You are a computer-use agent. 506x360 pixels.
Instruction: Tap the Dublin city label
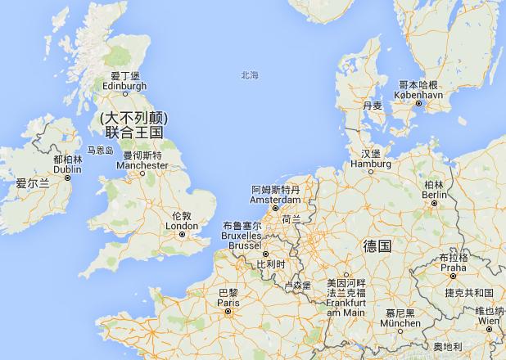[67, 169]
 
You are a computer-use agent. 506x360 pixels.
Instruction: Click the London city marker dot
[182, 234]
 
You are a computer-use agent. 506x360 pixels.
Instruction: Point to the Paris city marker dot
[229, 311]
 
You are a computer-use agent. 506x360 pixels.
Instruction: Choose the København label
[419, 95]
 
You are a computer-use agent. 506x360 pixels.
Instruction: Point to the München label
[400, 324]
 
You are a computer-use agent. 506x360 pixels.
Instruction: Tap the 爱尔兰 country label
[33, 185]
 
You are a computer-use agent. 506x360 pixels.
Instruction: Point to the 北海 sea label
[250, 74]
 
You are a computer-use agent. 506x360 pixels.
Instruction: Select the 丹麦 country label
[373, 106]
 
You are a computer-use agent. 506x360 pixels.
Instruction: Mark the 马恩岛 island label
[100, 151]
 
